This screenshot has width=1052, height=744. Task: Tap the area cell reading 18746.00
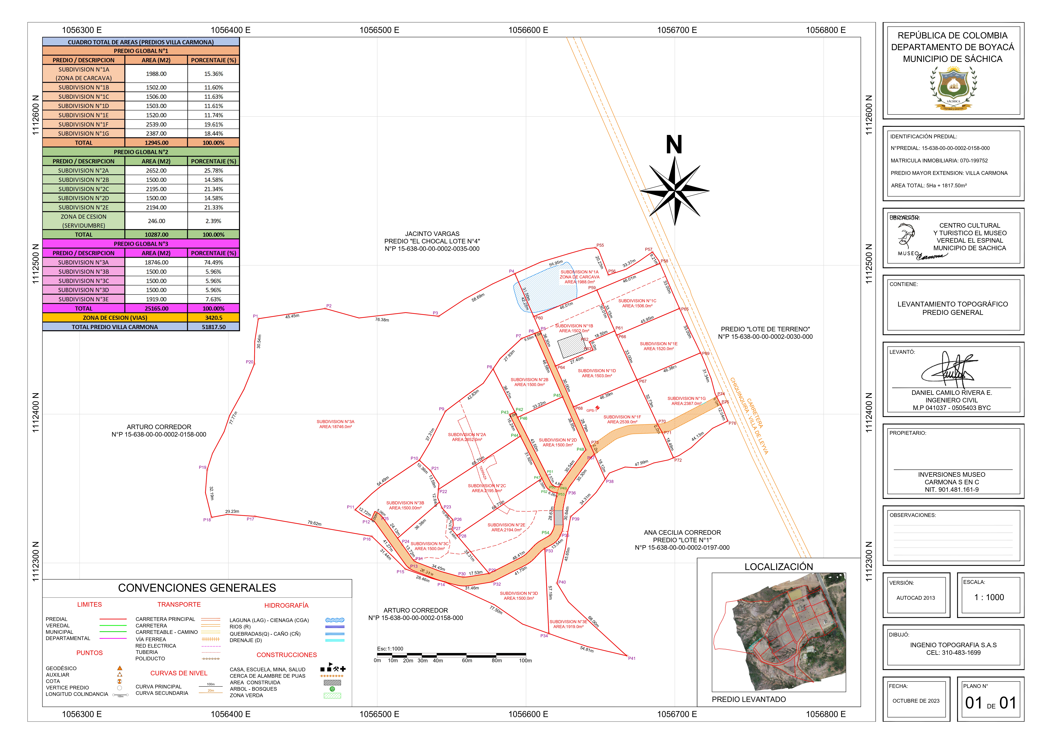(x=156, y=262)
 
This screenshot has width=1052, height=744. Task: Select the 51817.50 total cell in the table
(x=214, y=327)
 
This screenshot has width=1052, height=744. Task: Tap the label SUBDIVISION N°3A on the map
(x=335, y=422)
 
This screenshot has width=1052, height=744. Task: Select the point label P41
(x=631, y=658)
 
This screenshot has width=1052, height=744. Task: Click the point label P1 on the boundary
(x=255, y=316)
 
